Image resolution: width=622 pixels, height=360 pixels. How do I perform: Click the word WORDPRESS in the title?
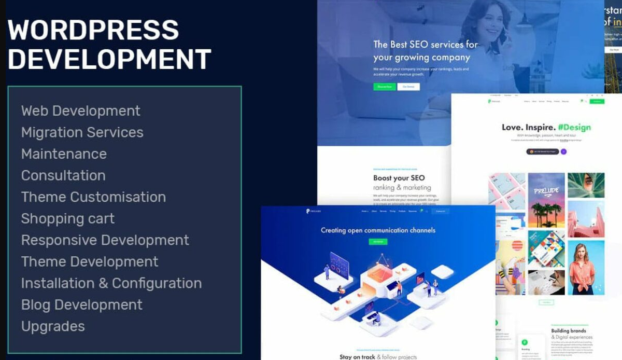93,30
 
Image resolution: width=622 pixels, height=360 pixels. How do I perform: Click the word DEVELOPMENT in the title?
109,59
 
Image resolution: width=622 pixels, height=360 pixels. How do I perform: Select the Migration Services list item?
82,132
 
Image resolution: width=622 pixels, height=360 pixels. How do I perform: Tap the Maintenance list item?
64,154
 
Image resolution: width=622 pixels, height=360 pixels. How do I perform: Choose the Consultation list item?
63,175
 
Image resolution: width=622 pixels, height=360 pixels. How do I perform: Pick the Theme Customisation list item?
93,197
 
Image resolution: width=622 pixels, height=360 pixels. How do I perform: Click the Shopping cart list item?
68,219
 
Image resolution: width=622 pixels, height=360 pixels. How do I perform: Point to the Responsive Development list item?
105,240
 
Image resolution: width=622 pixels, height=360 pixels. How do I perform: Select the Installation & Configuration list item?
111,283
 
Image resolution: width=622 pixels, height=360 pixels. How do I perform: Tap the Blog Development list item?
81,305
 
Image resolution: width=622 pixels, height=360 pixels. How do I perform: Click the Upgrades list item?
53,326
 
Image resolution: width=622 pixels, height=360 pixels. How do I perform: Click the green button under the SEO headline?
384,87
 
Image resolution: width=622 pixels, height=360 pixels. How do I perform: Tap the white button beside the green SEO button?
408,87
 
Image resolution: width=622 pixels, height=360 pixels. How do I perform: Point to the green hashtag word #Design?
574,127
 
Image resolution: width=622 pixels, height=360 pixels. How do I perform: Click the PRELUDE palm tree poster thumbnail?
546,199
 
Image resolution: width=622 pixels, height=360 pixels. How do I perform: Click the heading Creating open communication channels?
378,230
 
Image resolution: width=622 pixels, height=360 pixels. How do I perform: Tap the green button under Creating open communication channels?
378,241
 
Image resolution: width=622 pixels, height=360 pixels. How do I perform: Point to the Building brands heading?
569,330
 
